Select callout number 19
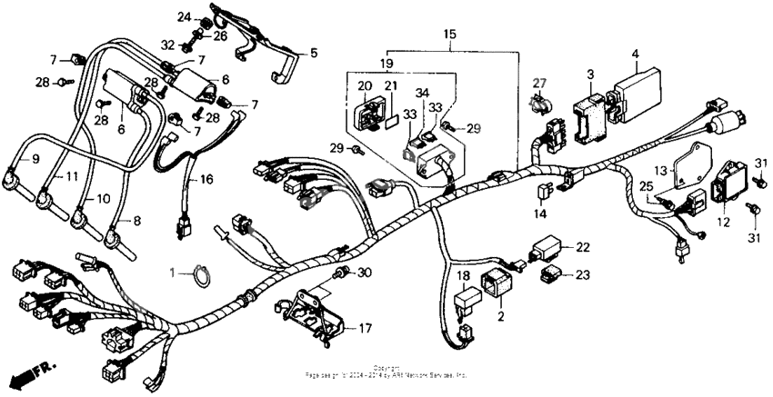click(386, 65)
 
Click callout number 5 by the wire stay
click(313, 54)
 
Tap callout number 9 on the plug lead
click(35, 158)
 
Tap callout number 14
click(539, 214)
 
